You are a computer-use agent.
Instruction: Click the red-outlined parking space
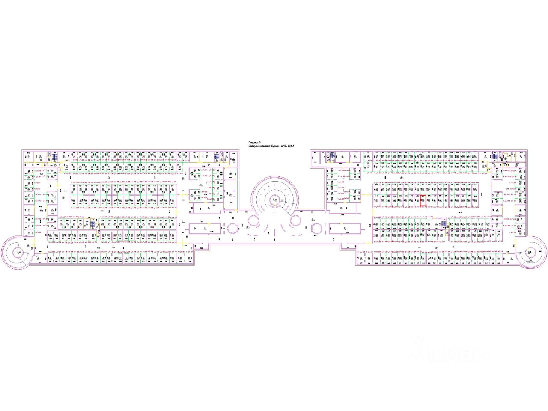(x=423, y=201)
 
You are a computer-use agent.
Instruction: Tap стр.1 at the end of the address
(x=292, y=146)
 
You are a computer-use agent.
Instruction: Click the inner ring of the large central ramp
(x=274, y=200)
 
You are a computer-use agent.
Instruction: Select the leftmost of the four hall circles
(x=232, y=228)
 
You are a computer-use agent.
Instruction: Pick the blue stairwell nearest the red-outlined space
(x=444, y=223)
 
